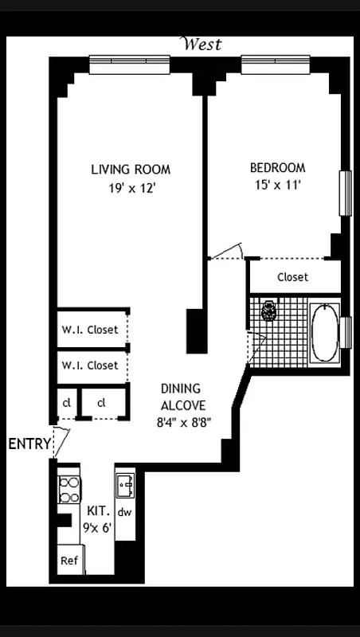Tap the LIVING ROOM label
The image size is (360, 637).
(131, 170)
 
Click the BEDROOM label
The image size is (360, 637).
(277, 168)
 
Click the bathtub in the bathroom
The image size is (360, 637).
(324, 333)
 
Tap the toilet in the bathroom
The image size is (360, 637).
(269, 311)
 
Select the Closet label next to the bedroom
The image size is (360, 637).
(292, 277)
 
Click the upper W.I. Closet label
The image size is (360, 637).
(90, 330)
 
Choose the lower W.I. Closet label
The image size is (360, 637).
(90, 365)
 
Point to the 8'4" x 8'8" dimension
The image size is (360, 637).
(182, 424)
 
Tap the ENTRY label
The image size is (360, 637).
(29, 444)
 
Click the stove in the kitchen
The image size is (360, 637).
(69, 488)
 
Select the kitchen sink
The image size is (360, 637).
(125, 484)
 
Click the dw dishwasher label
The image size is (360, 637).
(125, 512)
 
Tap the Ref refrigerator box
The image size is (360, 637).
(69, 561)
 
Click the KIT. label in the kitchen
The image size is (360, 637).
(97, 512)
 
